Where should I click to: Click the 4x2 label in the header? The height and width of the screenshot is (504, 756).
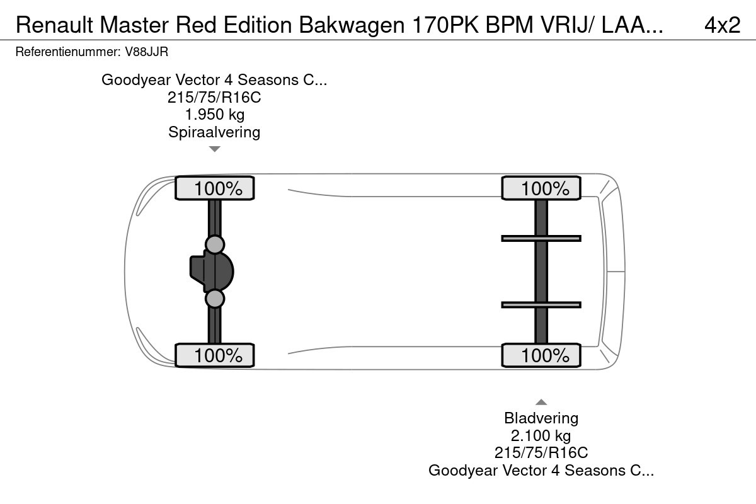[x=722, y=25]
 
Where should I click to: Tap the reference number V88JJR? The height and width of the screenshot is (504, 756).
[x=146, y=52]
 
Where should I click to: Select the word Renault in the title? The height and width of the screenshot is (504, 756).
[x=54, y=25]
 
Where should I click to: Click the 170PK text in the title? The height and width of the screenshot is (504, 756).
[x=445, y=25]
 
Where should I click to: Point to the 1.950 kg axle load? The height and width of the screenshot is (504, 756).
[x=215, y=115]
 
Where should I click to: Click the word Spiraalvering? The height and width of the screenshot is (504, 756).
[x=214, y=132]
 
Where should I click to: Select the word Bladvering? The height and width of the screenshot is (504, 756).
[x=541, y=418]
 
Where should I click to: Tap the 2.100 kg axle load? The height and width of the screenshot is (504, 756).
[x=541, y=435]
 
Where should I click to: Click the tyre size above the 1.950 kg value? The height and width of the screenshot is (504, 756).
[x=214, y=97]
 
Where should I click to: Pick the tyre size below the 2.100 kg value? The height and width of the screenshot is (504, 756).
[x=541, y=453]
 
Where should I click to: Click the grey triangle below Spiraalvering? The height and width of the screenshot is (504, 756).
[x=215, y=149]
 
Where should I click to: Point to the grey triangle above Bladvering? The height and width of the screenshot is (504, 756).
[x=541, y=402]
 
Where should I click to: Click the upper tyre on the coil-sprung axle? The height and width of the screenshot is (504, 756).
[x=215, y=188]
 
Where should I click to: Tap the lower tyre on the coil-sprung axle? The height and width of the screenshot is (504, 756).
[x=215, y=355]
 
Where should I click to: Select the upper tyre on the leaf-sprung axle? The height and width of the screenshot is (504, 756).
[x=541, y=188]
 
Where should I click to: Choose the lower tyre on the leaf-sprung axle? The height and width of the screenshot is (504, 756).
[x=541, y=355]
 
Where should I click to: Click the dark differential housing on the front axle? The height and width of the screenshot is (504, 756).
[x=212, y=272]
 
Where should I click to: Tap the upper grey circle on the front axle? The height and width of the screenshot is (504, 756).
[x=215, y=244]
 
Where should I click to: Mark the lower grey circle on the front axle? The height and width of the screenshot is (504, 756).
[x=215, y=299]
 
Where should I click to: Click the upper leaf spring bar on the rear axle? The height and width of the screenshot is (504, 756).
[x=541, y=239]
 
